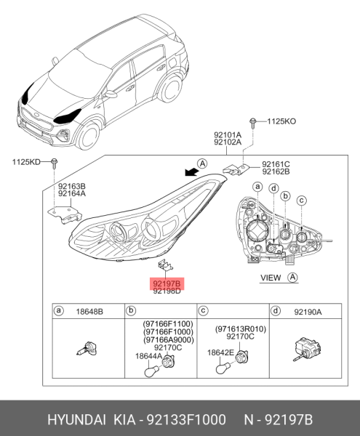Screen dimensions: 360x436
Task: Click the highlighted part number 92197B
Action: tap(167, 284)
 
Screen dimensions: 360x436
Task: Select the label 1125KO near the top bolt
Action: tap(281, 121)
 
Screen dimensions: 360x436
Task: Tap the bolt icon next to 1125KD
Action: tap(55, 163)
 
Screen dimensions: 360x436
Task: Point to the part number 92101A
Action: tap(228, 135)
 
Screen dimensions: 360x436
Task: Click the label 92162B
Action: tap(276, 171)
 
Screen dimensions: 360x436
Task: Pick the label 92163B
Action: tap(72, 186)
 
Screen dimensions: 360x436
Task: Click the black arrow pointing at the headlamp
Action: tap(192, 171)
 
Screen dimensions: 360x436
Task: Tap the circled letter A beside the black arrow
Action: tap(202, 163)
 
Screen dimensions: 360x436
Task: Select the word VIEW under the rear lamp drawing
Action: tap(271, 278)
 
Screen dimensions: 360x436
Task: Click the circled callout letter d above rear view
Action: tap(273, 188)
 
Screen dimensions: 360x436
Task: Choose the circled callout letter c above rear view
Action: tap(302, 201)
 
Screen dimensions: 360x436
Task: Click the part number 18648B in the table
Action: tap(89, 312)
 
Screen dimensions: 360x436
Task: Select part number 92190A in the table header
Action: tap(308, 312)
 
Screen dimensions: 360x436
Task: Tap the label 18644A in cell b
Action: tap(148, 356)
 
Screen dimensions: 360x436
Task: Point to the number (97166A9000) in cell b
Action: tap(169, 340)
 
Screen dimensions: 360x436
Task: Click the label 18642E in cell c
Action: tap(220, 352)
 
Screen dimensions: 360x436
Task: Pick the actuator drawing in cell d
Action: tap(307, 349)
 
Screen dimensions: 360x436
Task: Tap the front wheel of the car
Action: tap(87, 135)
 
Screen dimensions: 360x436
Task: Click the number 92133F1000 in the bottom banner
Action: tap(186, 419)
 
